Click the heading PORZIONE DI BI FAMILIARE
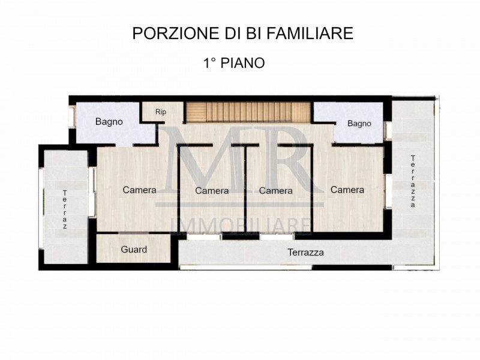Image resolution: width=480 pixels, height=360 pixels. click(x=242, y=34)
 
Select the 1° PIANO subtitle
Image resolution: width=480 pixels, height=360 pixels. click(x=234, y=63)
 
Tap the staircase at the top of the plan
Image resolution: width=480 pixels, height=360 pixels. click(x=248, y=112)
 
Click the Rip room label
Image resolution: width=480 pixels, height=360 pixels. click(x=161, y=112)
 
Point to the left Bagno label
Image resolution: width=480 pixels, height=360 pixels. click(x=109, y=122)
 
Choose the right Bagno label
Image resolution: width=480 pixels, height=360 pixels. click(x=359, y=124)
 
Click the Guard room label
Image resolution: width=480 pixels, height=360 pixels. click(x=134, y=250)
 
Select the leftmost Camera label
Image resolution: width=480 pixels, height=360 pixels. click(x=140, y=190)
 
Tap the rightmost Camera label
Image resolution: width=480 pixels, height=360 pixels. click(x=347, y=190)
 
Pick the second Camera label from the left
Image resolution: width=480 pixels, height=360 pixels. click(x=212, y=191)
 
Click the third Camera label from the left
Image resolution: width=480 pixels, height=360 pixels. click(x=275, y=191)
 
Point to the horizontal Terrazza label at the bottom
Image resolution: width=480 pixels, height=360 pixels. click(x=305, y=253)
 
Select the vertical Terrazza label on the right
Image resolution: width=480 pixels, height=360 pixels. click(x=413, y=181)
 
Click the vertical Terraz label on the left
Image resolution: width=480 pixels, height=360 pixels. click(x=65, y=209)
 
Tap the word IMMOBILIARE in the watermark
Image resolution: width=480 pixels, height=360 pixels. click(x=241, y=225)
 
